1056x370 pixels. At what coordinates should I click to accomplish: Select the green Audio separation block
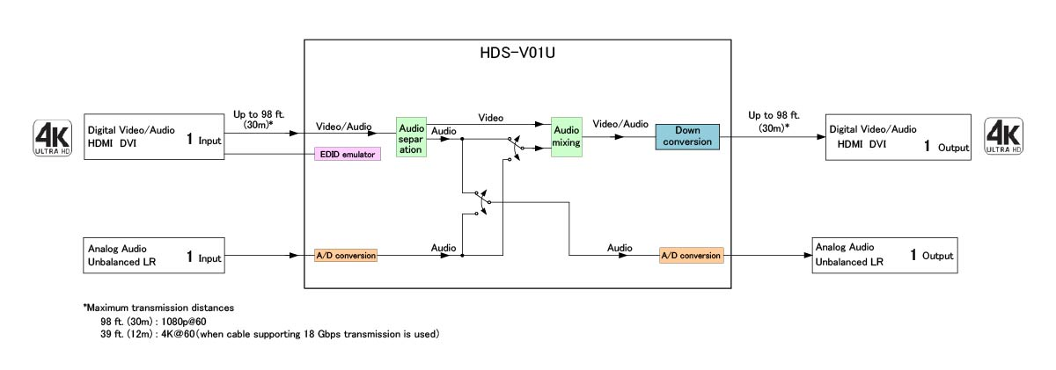point(411,137)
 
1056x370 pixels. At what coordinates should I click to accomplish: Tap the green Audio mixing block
point(567,137)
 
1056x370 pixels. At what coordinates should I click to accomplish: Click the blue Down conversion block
point(687,137)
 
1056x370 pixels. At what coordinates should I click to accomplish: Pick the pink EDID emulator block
point(347,155)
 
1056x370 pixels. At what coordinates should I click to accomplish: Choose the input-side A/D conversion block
point(346,256)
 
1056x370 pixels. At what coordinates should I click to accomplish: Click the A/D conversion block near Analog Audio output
point(691,256)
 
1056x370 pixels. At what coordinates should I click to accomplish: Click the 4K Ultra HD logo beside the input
point(52,138)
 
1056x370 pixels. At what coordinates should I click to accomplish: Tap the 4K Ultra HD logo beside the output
point(1003,138)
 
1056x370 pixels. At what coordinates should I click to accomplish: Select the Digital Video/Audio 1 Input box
point(155,137)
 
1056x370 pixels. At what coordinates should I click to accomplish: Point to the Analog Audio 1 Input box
point(155,256)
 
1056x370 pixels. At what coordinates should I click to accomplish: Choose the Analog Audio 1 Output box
point(884,256)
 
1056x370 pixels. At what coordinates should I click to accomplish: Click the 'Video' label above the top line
point(491,118)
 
